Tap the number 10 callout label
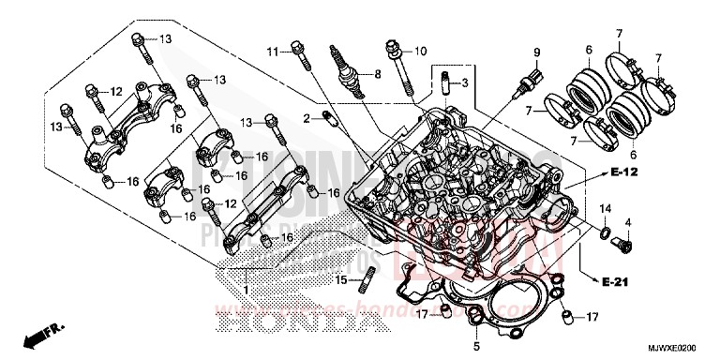[x=420, y=51]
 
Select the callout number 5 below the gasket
[x=475, y=347]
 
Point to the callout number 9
[x=538, y=51]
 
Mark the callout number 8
[x=378, y=73]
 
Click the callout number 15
[x=342, y=279]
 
